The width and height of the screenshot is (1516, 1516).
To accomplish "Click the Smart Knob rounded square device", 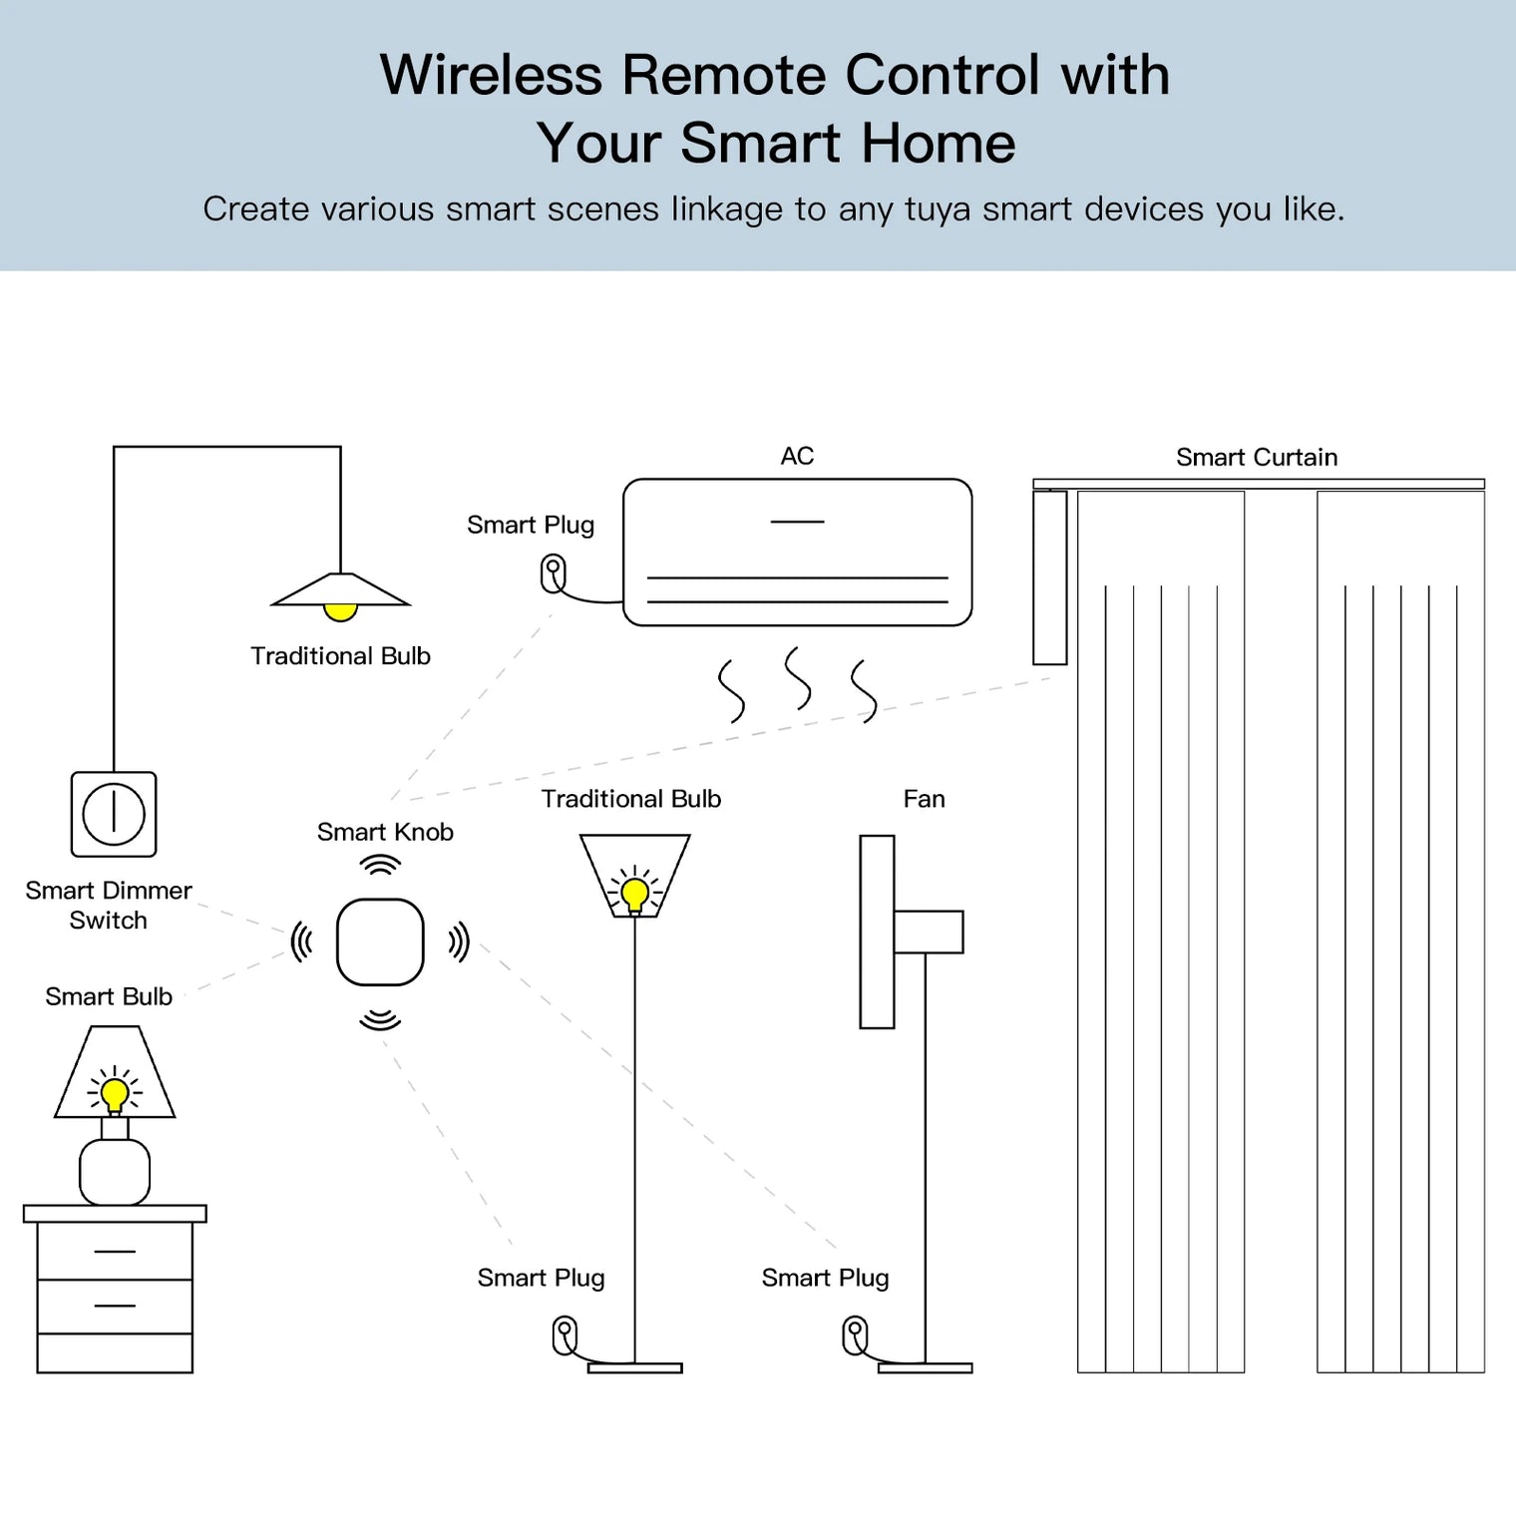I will pos(380,942).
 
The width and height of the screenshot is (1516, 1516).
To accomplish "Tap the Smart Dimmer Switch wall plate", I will pos(114,814).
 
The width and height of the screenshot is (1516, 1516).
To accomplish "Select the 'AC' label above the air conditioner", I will pos(797,456).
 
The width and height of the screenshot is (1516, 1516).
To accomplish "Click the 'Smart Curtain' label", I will pos(1256,457).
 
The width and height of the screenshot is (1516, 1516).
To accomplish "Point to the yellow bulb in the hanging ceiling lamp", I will pos(340,610).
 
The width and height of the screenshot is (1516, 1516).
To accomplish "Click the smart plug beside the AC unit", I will pos(553,574).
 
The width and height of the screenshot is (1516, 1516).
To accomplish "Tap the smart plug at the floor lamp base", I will pos(565,1335).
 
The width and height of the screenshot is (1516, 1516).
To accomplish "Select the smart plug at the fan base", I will pos(855,1335).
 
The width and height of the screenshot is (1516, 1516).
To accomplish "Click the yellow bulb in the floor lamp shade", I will pos(634,892).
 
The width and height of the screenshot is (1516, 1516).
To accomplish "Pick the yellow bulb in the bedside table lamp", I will pos(115,1092).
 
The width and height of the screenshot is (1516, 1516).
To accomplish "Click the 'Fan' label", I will pos(924,799).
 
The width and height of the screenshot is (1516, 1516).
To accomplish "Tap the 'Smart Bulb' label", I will pos(109,996).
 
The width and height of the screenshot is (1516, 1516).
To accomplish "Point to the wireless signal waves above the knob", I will pos(380,865).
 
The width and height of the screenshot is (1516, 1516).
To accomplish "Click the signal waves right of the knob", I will pos(458,942).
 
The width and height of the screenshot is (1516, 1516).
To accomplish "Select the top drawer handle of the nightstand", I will pos(115,1251).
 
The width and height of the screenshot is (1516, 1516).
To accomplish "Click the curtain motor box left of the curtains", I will pos(1049,577).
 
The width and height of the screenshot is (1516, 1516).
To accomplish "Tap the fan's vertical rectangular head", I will pos(877,932).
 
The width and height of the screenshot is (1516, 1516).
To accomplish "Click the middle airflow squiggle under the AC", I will pos(798,677).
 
